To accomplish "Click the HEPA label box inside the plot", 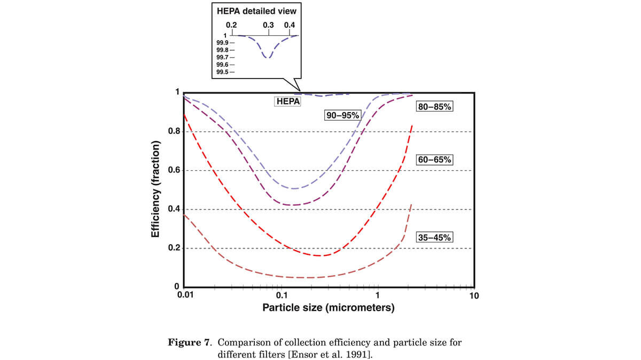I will coord(287,101).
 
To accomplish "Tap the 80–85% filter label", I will coord(434,107).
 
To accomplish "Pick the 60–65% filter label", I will coord(434,160).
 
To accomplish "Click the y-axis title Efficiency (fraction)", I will coord(155,190).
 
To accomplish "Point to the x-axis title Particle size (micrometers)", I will coord(328,308).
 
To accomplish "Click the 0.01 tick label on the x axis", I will coord(184,296).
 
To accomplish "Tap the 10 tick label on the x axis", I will coord(473,296).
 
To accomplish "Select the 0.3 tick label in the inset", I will coord(268,25).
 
